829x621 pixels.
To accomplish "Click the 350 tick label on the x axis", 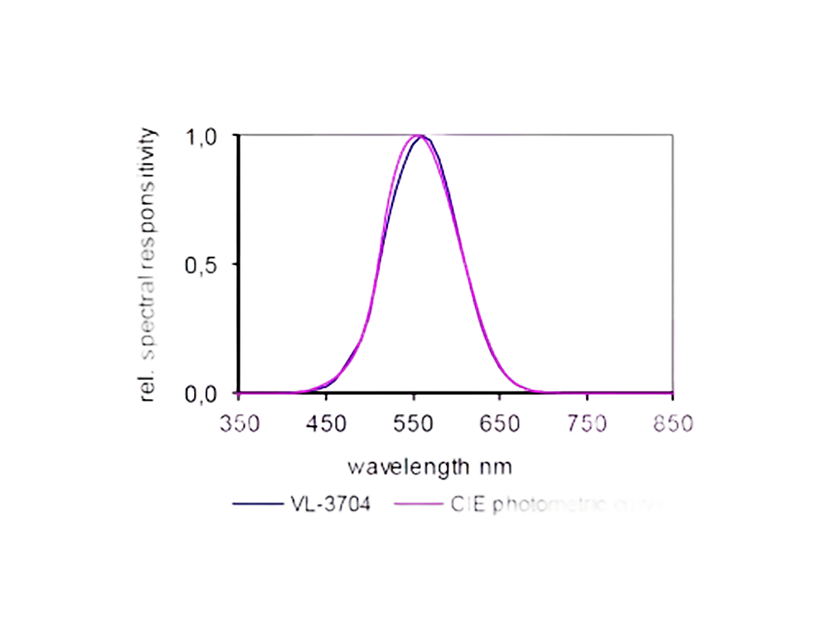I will [x=239, y=423].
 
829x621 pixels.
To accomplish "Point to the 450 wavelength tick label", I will [x=326, y=423].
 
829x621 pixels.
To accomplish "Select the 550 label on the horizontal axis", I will [x=413, y=423].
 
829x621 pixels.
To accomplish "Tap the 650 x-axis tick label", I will [x=499, y=423].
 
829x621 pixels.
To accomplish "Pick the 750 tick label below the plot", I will [x=586, y=423].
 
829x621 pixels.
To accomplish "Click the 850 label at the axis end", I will [x=672, y=423].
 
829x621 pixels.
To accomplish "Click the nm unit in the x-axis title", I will [x=495, y=467].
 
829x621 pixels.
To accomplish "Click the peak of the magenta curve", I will [x=416, y=135].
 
